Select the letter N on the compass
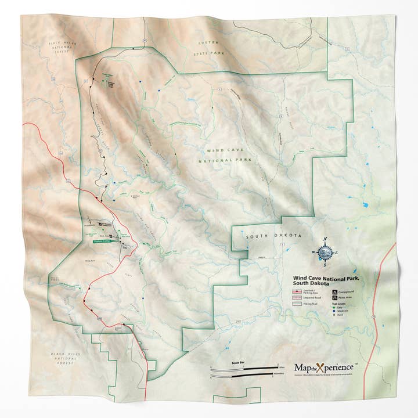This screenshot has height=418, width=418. tap(326, 240)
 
